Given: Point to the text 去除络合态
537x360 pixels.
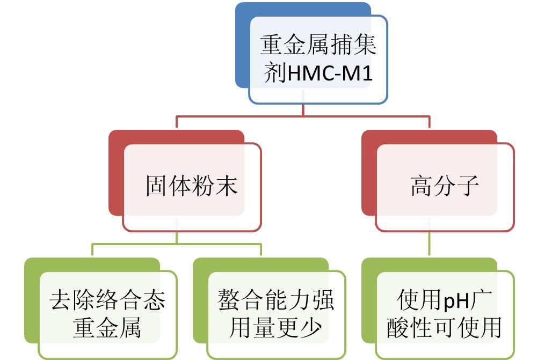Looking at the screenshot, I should click(x=107, y=300).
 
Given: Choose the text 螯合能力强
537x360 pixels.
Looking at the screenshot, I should click(x=276, y=300).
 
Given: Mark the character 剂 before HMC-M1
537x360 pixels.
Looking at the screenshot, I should click(x=275, y=74).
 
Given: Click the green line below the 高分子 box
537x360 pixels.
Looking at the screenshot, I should click(x=430, y=244).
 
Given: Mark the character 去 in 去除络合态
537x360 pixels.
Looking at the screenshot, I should click(x=61, y=300).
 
